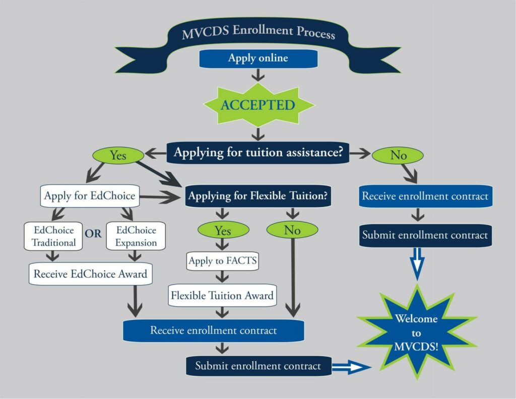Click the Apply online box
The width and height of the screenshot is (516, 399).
[x=258, y=58]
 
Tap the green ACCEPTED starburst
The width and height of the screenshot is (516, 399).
[x=258, y=105]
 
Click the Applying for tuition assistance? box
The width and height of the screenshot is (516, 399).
[x=258, y=153]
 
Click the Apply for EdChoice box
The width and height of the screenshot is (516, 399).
[x=90, y=195]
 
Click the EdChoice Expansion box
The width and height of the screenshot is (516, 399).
[x=136, y=236]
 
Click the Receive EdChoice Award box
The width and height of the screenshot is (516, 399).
[x=90, y=274]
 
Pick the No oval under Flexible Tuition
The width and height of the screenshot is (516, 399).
[x=292, y=230]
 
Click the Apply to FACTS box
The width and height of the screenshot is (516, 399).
[x=223, y=261]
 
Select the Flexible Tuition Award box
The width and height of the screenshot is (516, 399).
[x=222, y=295]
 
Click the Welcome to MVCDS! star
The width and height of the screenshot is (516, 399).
[x=416, y=332]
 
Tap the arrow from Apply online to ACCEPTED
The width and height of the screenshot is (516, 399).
[x=258, y=75]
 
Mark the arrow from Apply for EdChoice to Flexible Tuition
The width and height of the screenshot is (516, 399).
[x=161, y=198]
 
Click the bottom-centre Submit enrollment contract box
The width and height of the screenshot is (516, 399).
[x=258, y=366]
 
